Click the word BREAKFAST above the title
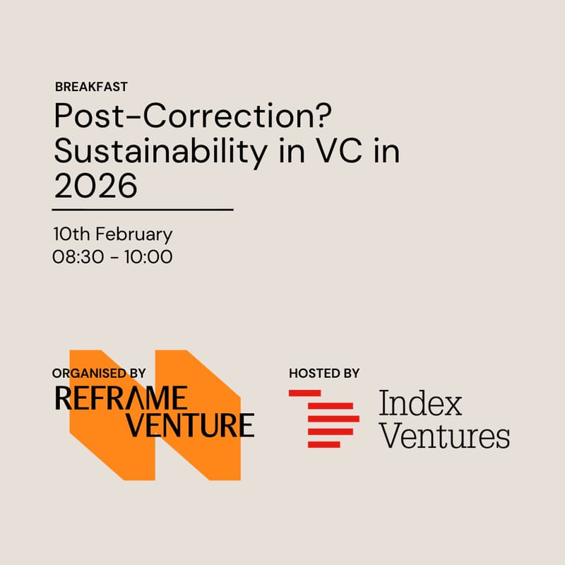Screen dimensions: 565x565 [91, 87]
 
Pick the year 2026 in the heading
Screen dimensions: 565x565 [95, 186]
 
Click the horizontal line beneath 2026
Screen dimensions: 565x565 [143, 210]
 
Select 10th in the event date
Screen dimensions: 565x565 [71, 234]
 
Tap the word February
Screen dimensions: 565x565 [133, 234]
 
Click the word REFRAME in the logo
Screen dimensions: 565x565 [121, 398]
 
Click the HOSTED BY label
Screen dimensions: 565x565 [324, 373]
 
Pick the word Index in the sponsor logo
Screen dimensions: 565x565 [420, 404]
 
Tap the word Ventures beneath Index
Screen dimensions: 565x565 [444, 436]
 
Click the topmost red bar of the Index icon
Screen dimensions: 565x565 [305, 393]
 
